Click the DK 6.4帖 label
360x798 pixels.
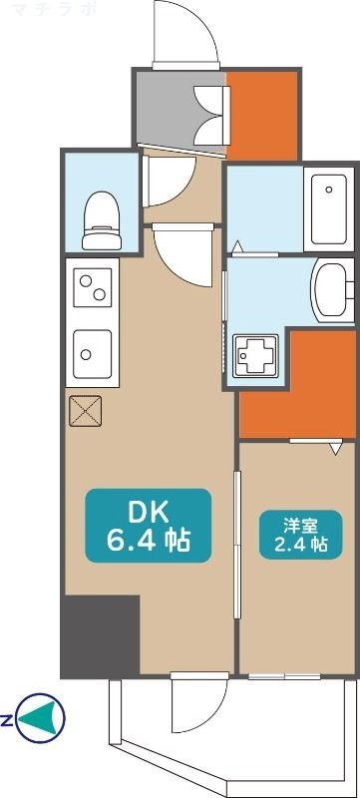[x=149, y=526]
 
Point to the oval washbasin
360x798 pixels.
[x=328, y=289]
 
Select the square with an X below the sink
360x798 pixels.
[x=86, y=409]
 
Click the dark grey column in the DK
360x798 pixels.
[x=100, y=635]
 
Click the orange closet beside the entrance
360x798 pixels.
[x=262, y=115]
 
